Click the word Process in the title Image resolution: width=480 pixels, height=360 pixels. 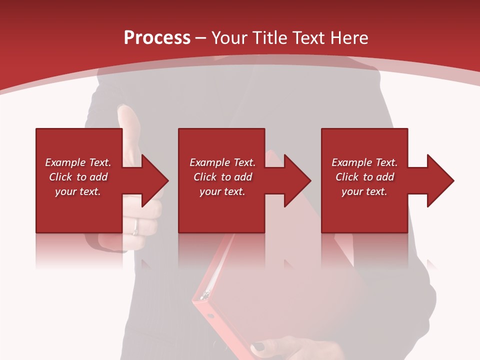click(x=157, y=38)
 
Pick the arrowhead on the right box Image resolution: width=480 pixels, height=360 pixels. click(x=438, y=180)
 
